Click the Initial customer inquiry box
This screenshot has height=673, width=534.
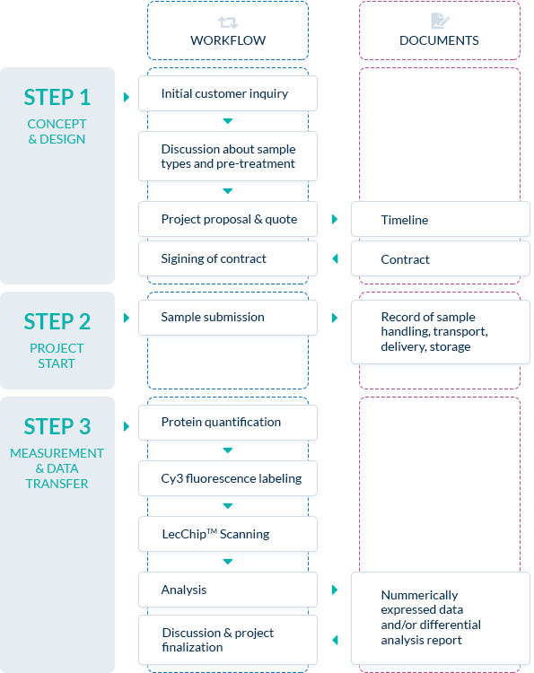(x=228, y=93)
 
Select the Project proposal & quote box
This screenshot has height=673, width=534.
(x=228, y=219)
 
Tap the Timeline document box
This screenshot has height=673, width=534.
(x=441, y=219)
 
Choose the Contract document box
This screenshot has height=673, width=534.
(x=441, y=258)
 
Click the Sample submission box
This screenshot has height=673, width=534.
(x=228, y=318)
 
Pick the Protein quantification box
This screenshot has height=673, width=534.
(x=228, y=423)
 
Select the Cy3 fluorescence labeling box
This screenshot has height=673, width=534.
(x=228, y=478)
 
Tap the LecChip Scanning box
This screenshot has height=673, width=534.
(x=228, y=534)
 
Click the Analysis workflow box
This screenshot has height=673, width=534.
(x=228, y=590)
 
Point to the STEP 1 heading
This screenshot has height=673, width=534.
(x=57, y=97)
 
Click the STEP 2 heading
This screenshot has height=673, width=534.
(x=57, y=321)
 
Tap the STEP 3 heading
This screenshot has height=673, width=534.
(x=57, y=426)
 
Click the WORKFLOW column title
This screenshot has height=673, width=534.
(x=228, y=40)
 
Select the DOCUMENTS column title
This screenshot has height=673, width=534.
(x=439, y=40)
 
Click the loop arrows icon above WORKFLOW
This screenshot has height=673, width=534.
(x=228, y=22)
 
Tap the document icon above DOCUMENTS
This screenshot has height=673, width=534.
(x=440, y=21)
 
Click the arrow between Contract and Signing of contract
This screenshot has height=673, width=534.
(x=336, y=258)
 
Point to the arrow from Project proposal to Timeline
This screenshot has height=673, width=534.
(x=335, y=219)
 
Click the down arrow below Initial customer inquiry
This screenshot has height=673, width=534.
(x=228, y=121)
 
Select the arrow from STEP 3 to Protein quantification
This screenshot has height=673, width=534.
(x=127, y=426)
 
